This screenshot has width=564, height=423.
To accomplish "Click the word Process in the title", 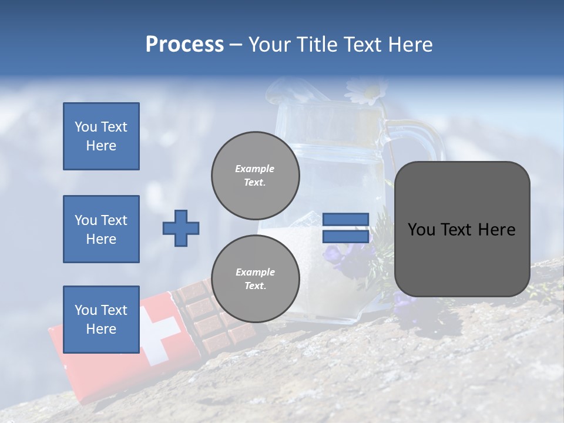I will pos(184,45).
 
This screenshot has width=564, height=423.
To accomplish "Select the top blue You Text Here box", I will pos(101,136).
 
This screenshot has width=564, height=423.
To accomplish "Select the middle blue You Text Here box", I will pos(101,229).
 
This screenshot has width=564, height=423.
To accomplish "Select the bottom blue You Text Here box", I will pos(101,319).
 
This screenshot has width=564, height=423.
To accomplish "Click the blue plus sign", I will pos(181,228).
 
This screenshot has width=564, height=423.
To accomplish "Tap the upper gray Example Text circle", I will pos(255,176).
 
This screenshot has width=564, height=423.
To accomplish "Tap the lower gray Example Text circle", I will pos(255,278).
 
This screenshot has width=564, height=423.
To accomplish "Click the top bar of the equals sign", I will pos(345,220).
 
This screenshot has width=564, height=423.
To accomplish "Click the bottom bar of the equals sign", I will pos(345,236).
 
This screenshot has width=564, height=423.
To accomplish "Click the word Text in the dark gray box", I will pos(461,230).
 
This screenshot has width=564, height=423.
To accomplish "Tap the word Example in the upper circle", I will pos(255,169).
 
